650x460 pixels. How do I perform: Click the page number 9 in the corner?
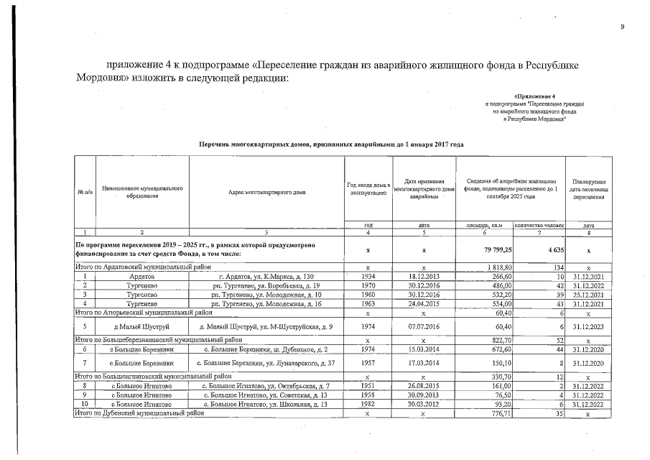(623, 27)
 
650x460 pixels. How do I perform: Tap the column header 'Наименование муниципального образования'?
(142, 192)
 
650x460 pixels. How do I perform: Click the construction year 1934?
(368, 277)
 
